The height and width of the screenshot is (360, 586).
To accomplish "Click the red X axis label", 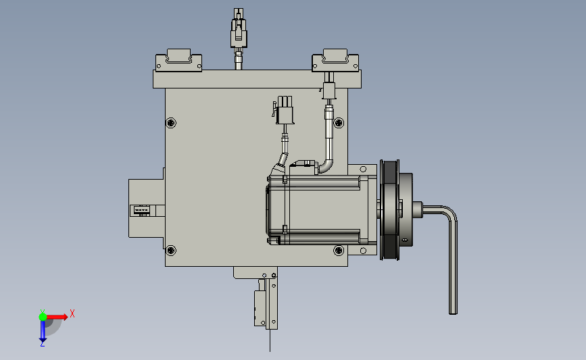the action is pyautogui.click(x=72, y=313).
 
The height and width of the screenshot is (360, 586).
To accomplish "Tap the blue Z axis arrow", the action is pyautogui.click(x=43, y=331).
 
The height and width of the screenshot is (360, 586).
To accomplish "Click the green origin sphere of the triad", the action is pyautogui.click(x=43, y=317).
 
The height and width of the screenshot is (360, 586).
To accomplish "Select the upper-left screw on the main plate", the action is pyautogui.click(x=171, y=122).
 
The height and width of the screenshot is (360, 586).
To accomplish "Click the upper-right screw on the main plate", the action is pyautogui.click(x=339, y=122).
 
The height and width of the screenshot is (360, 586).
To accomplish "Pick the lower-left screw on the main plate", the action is pyautogui.click(x=171, y=250).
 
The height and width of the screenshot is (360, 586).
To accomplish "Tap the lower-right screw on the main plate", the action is pyautogui.click(x=339, y=250).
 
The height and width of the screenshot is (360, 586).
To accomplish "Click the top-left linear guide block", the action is pyautogui.click(x=178, y=60).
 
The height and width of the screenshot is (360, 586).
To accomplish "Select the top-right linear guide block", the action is pyautogui.click(x=335, y=60).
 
